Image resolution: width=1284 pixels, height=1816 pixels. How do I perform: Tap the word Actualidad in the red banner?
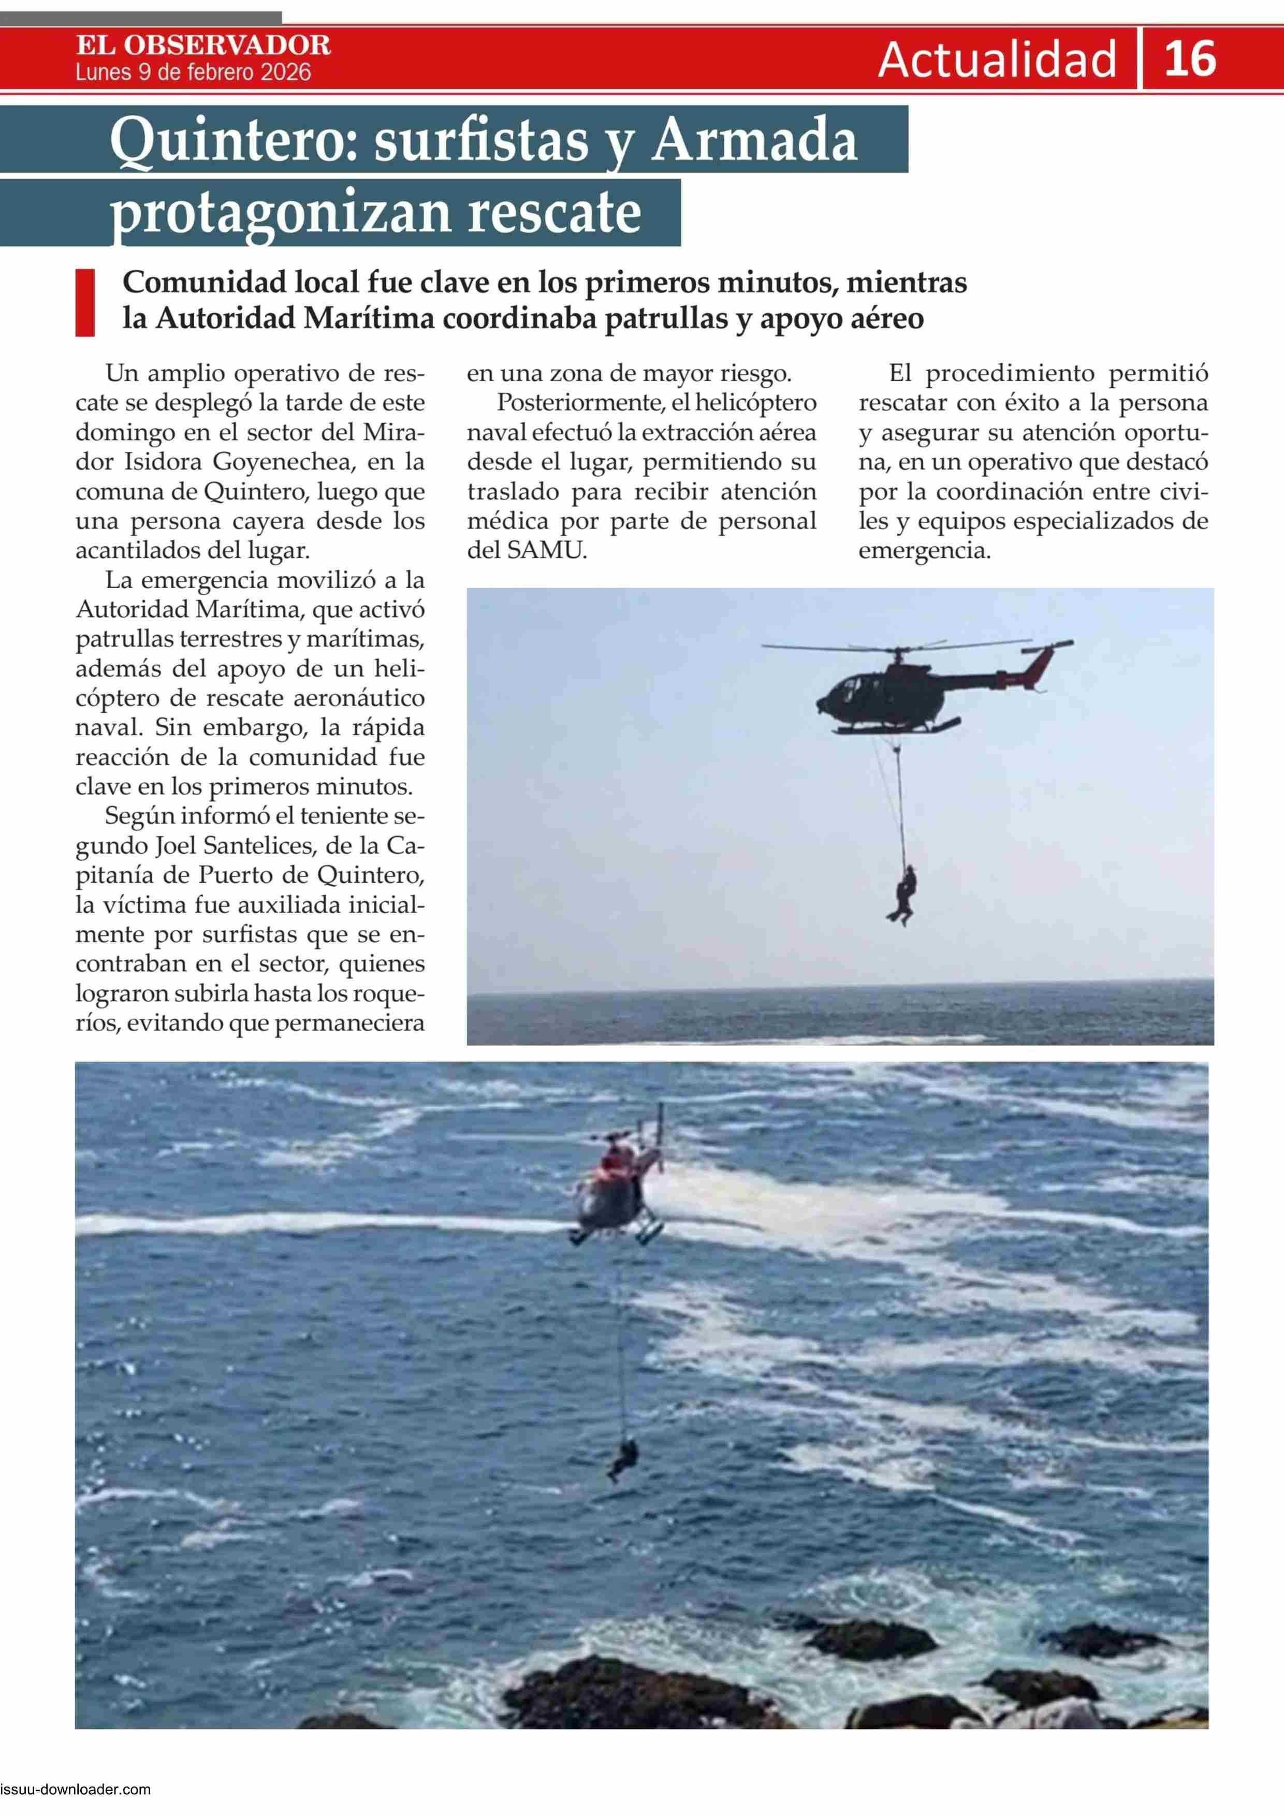point(997,60)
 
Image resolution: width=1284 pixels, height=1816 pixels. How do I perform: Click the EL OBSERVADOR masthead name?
point(203,45)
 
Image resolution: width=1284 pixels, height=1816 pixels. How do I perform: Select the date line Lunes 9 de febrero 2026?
point(193,73)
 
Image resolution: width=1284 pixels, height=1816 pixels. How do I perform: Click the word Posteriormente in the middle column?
point(575,403)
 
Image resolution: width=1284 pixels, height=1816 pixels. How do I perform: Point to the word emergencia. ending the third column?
point(925,550)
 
